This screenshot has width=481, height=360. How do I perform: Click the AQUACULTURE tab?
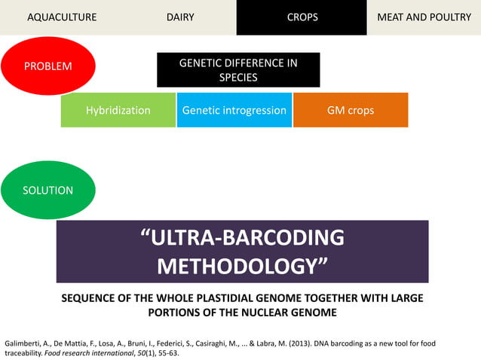62,17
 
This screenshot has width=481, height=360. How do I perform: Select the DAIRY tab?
180,17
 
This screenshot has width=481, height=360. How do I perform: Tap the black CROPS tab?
302,17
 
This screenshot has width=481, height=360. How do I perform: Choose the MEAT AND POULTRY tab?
424,17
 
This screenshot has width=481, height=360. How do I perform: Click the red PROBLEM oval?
48,66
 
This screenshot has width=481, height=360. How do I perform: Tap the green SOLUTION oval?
48,191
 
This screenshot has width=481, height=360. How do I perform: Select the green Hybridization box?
118,110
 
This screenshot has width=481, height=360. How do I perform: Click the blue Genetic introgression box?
234,110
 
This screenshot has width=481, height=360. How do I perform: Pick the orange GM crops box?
351,110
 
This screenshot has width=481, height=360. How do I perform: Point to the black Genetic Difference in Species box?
238,70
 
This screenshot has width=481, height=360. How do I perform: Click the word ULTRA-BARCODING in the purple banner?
243,238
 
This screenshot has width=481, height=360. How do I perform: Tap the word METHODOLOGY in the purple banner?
243,266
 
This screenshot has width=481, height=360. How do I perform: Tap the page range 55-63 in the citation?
165,352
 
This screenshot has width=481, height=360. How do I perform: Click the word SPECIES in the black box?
238,77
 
